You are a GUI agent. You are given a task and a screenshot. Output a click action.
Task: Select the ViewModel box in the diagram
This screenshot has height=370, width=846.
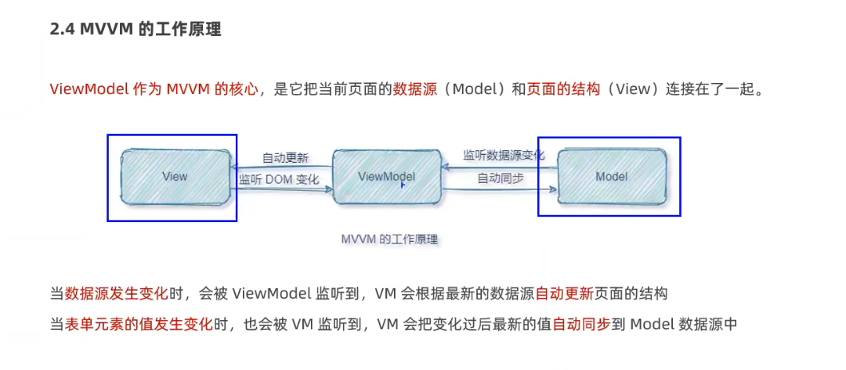click(386, 177)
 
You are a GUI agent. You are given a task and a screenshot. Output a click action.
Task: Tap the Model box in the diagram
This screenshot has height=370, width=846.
click(611, 177)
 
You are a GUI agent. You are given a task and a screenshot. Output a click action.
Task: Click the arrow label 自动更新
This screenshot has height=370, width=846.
click(285, 158)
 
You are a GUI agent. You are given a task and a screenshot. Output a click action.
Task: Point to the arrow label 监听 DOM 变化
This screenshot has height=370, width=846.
click(279, 179)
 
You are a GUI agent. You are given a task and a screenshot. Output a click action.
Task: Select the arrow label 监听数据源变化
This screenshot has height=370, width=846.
click(503, 155)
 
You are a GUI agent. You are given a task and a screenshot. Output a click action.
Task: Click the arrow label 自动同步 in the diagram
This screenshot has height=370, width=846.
click(501, 178)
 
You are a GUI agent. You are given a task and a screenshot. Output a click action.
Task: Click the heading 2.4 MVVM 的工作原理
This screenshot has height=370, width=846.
click(135, 30)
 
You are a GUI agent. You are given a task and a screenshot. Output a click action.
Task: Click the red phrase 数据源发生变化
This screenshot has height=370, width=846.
click(117, 294)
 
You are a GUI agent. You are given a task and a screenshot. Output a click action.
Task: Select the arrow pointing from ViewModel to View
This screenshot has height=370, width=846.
click(282, 167)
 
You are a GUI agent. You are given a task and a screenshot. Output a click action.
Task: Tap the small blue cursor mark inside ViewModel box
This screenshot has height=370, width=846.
click(403, 185)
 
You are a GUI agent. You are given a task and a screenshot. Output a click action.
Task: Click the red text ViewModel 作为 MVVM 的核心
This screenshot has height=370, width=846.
click(154, 88)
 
